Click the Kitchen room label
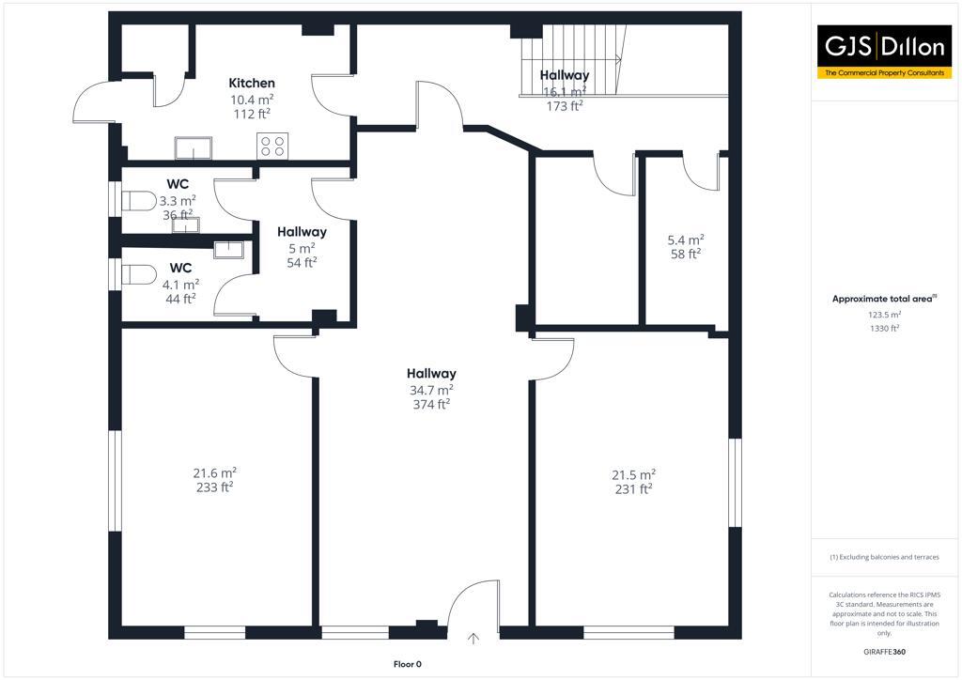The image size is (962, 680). (x=252, y=84)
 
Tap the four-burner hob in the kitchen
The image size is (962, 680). (x=272, y=146)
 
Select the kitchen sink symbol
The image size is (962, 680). (x=194, y=148)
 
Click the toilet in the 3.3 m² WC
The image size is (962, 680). (x=139, y=200)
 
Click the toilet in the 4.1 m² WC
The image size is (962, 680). (x=139, y=274)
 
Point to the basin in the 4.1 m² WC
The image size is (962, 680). (x=229, y=249)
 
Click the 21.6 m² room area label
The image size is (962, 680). (x=214, y=472)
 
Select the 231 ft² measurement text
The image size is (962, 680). (x=633, y=489)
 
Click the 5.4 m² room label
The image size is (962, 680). (x=685, y=239)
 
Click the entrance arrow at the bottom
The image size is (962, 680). (x=473, y=639)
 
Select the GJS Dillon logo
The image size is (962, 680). (x=884, y=52)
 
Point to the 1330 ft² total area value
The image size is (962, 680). (x=883, y=329)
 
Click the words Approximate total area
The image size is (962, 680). (x=882, y=299)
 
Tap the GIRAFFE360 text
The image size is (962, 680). (x=884, y=651)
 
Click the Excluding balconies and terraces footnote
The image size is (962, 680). (x=884, y=557)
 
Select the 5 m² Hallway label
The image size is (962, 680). (x=302, y=232)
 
